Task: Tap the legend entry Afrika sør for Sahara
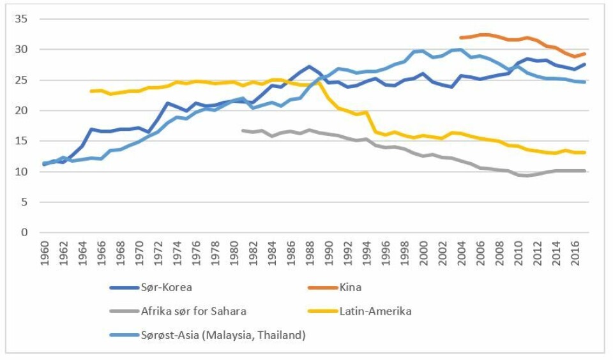pos(193,311)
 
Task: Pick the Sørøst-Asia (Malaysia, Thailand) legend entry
pos(223,334)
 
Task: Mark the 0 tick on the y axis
pos(24,232)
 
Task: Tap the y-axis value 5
pos(24,202)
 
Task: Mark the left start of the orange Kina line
pos(461,38)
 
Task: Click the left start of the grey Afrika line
pos(243,130)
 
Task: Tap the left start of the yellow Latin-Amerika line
pos(91,91)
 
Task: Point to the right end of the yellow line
pos(585,153)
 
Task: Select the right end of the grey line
pos(585,170)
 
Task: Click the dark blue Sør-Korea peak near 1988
pos(309,66)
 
